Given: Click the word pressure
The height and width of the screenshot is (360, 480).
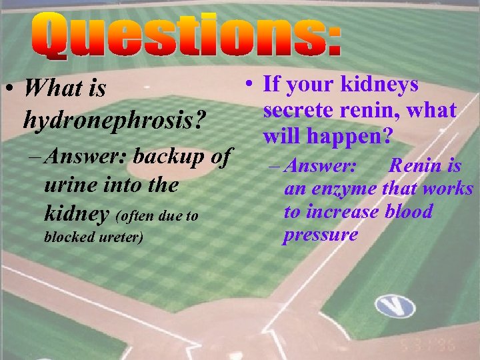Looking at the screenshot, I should point(320,235).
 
